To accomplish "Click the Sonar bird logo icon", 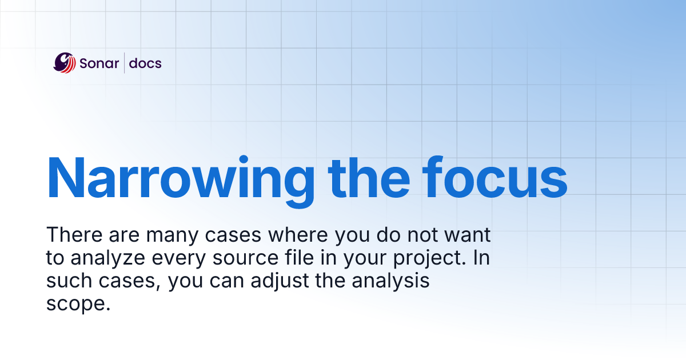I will coord(65,62).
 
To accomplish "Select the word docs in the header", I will coord(145,63).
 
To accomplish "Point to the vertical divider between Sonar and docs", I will coord(124,63).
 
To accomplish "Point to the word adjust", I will coord(297,282).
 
